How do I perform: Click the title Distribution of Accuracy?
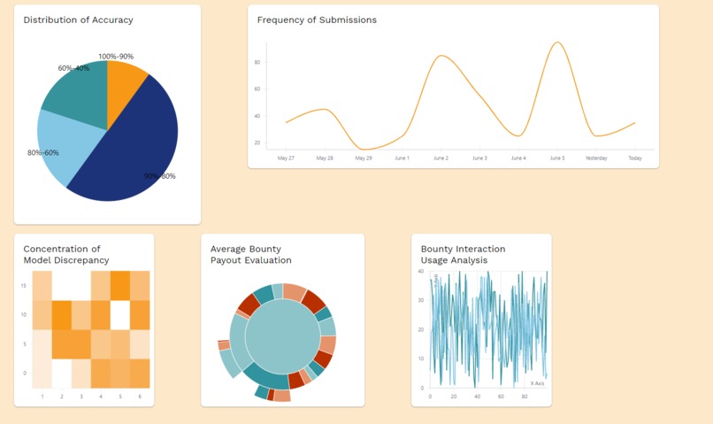[x=79, y=19]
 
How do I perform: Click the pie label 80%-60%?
[x=43, y=152]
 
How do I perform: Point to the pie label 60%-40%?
[x=73, y=68]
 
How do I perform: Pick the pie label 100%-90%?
[x=116, y=57]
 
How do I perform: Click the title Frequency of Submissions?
[x=317, y=19]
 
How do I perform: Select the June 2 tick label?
[x=441, y=158]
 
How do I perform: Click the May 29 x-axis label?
[x=364, y=158]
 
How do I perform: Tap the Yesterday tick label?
[x=596, y=158]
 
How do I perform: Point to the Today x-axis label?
[x=635, y=158]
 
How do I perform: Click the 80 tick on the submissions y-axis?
[x=257, y=62]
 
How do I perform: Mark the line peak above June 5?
[x=556, y=42]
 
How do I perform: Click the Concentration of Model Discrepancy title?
[x=66, y=255]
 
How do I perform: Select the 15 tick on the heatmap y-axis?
[x=23, y=285]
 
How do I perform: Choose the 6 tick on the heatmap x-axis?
[x=140, y=396]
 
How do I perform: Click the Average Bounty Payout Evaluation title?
[x=251, y=255]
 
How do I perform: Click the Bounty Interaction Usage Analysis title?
[x=464, y=255]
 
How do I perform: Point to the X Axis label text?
[x=537, y=383]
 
